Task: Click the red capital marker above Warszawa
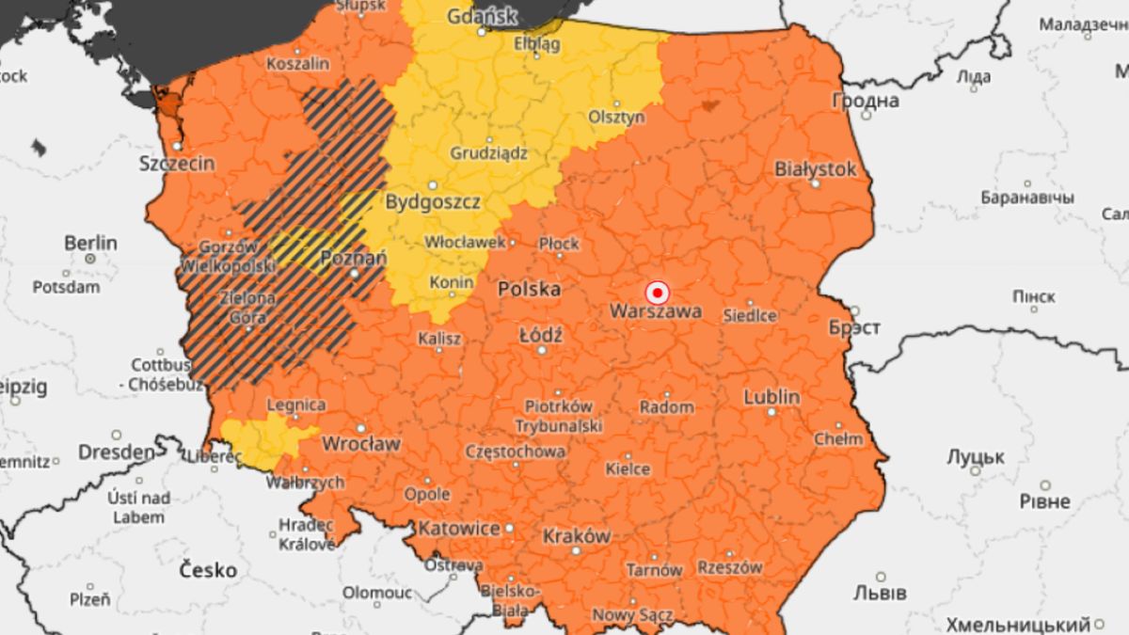pos(658,291)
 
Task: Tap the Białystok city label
pos(816,169)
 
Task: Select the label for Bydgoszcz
pos(433,201)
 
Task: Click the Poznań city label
pos(354,259)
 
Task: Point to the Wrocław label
pos(361,443)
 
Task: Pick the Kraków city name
pos(577,536)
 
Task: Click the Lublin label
pos(771,397)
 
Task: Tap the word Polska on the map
pos(529,289)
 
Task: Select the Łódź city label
pos(541,335)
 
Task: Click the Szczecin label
pos(176,163)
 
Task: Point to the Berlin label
pos(90,243)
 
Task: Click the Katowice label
pos(459,529)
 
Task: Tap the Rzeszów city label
pos(730,567)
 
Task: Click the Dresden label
pos(116,452)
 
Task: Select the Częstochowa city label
pos(517,452)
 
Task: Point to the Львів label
pos(880,593)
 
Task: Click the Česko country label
pos(209,570)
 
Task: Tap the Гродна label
pos(866,101)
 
